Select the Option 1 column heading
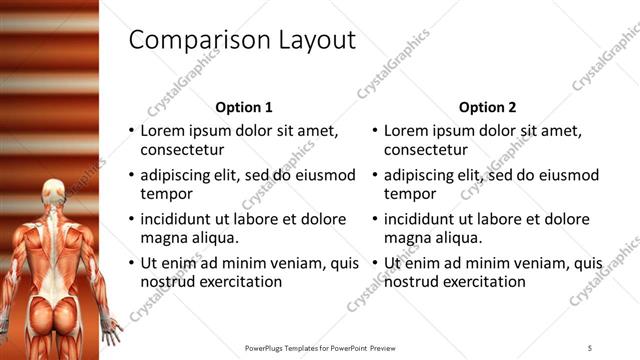click(244, 107)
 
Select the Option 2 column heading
click(487, 107)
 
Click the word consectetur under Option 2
click(424, 150)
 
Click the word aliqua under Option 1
click(212, 238)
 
